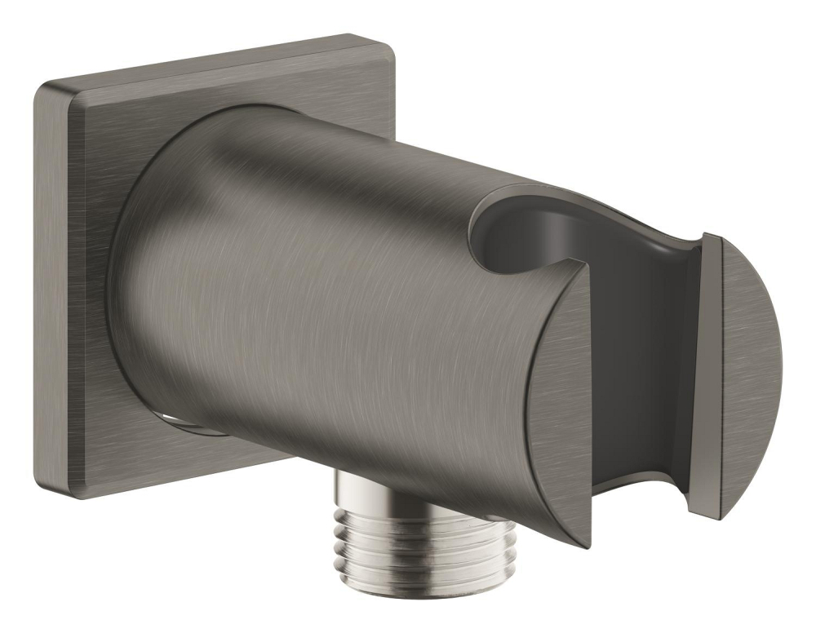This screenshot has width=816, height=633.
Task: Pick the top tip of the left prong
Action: point(586,264)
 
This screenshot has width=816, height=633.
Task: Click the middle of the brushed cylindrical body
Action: point(326,310)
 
